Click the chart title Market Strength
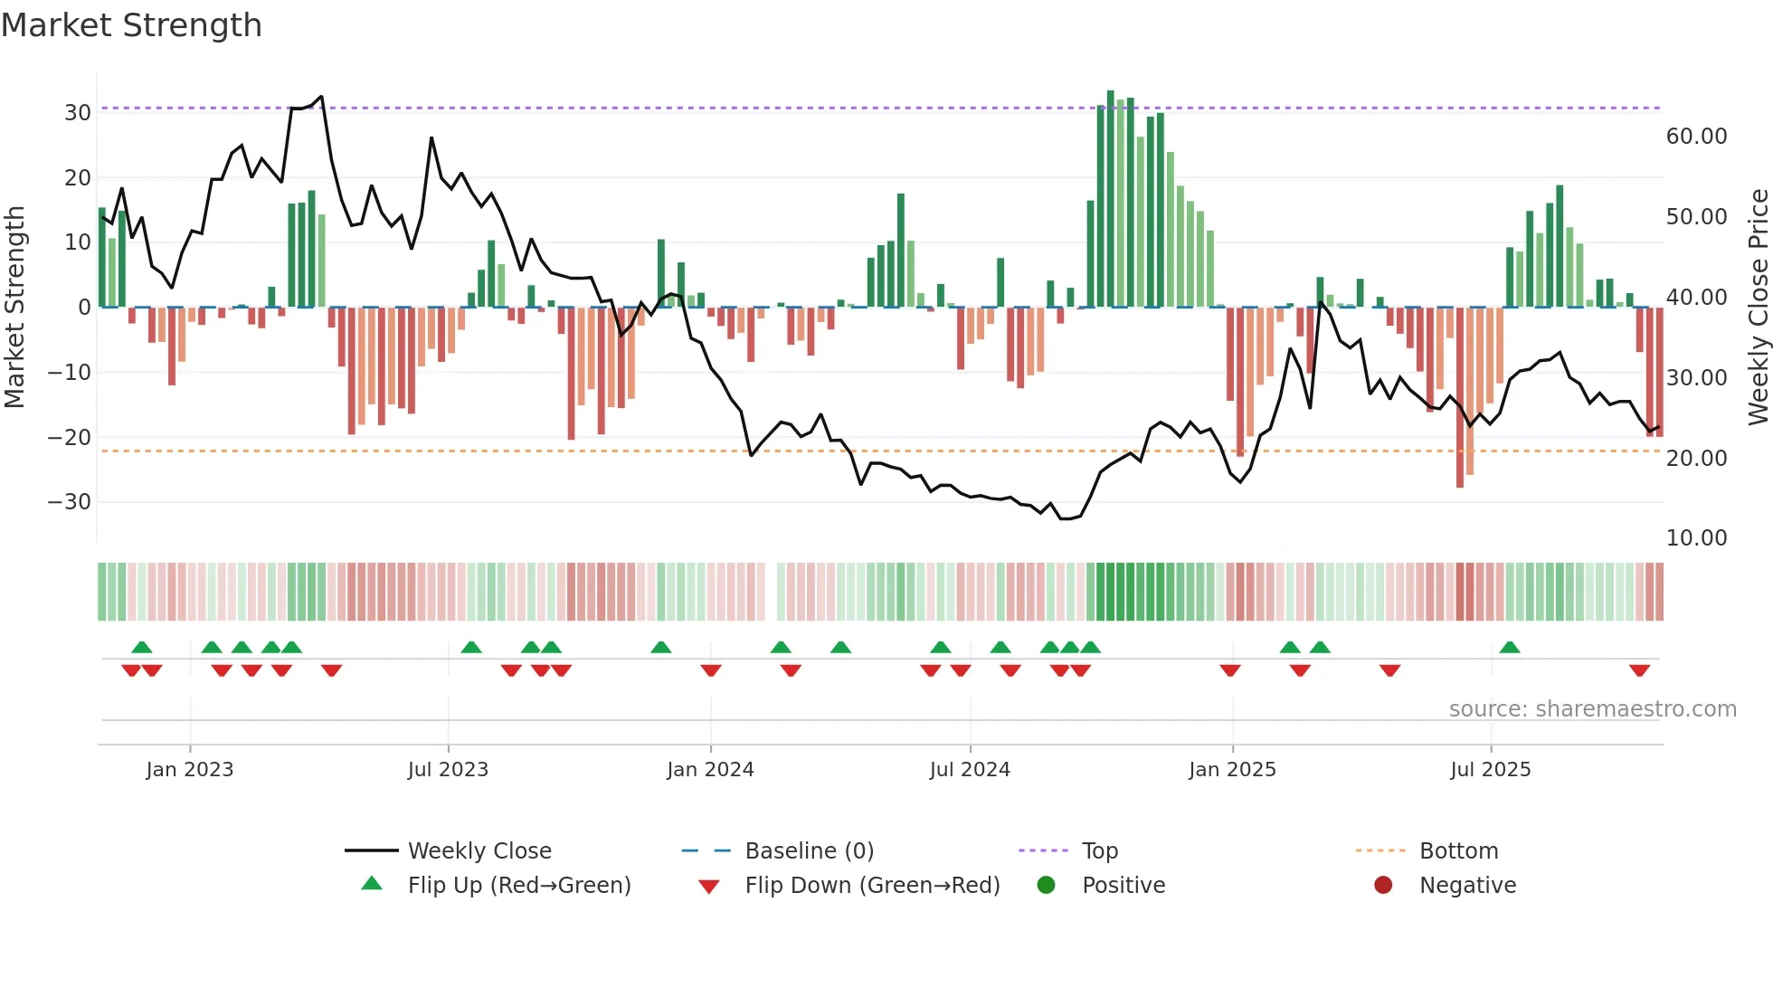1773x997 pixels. (131, 25)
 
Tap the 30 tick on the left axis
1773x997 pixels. (78, 113)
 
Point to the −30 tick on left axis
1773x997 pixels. (71, 502)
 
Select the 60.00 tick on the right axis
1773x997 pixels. (1696, 137)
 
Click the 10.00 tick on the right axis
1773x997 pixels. (1696, 538)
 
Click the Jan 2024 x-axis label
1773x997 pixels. (710, 770)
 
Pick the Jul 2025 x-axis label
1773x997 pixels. (1490, 770)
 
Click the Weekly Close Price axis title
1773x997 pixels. (1758, 308)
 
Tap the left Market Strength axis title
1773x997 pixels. (14, 308)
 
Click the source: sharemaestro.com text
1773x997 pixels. (1592, 709)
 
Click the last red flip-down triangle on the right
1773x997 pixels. (1639, 670)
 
